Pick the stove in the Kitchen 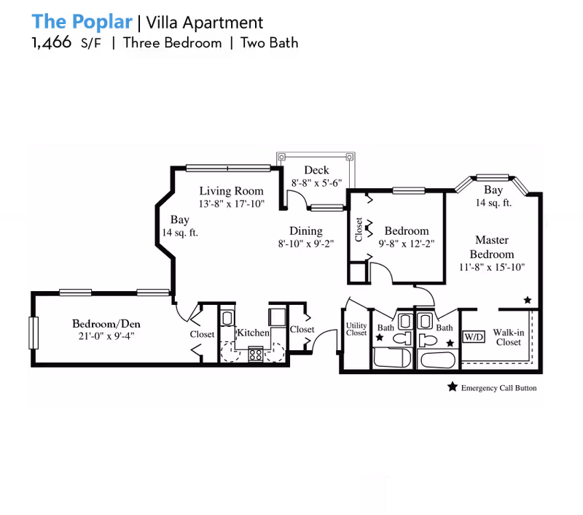[257, 355]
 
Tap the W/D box [474, 338]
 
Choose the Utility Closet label [356, 329]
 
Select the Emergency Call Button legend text [498, 388]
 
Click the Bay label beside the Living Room [180, 219]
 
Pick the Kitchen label [254, 333]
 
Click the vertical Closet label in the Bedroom [359, 229]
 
